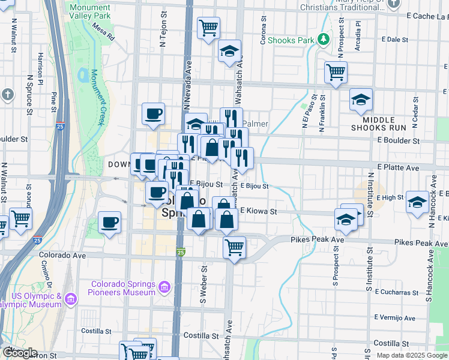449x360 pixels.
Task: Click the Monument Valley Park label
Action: point(89,11)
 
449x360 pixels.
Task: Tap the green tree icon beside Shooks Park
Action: point(324,39)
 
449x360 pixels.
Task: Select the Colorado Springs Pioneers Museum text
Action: point(124,288)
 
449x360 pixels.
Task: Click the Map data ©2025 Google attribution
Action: point(412,355)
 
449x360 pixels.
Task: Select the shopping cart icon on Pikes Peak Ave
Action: point(234,247)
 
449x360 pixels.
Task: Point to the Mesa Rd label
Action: point(103,32)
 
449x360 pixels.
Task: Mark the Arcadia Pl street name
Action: point(358,36)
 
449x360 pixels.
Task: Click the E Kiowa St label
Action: point(258,211)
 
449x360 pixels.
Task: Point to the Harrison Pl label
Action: point(40,66)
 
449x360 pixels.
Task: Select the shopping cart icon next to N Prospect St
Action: point(336,72)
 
